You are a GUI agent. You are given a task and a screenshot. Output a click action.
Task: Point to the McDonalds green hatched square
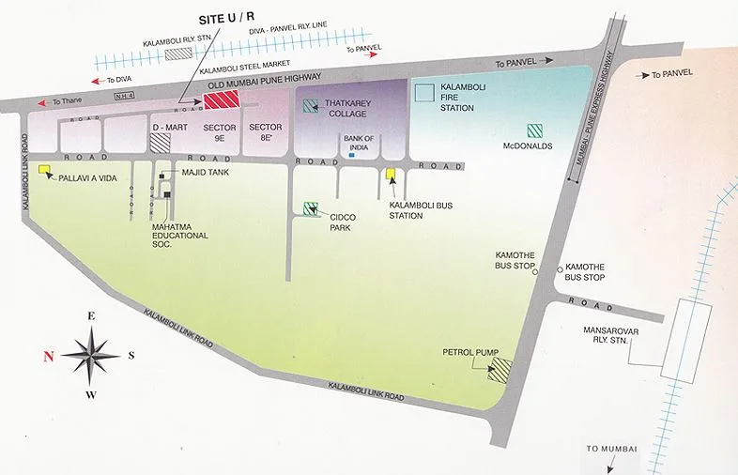click(x=533, y=130)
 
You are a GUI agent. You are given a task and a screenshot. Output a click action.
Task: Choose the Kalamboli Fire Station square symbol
click(x=425, y=91)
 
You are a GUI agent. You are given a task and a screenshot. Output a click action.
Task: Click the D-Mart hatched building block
click(x=161, y=142)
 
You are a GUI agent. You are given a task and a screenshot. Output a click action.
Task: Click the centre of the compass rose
click(x=91, y=355)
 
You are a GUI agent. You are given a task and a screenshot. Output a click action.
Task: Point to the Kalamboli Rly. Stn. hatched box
click(x=175, y=54)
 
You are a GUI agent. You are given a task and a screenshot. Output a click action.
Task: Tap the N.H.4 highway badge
click(x=123, y=94)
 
